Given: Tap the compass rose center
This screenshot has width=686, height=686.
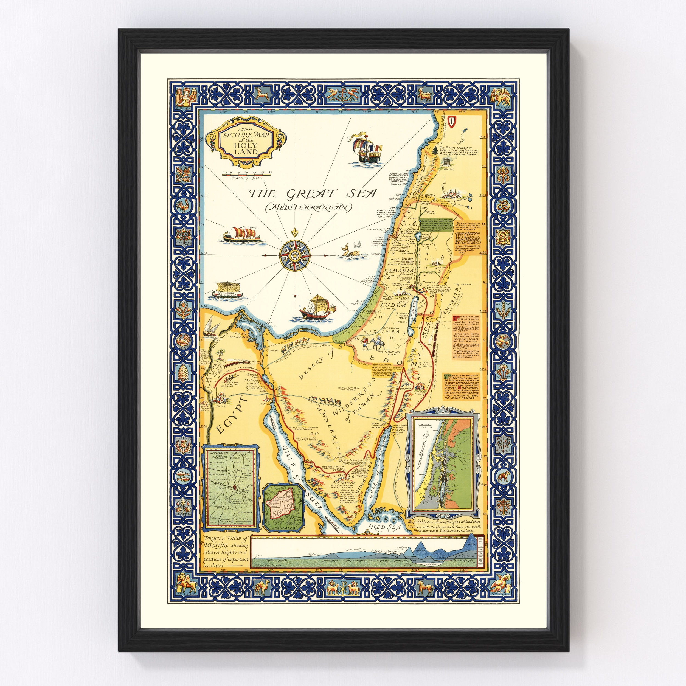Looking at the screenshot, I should pyautogui.click(x=295, y=255).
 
